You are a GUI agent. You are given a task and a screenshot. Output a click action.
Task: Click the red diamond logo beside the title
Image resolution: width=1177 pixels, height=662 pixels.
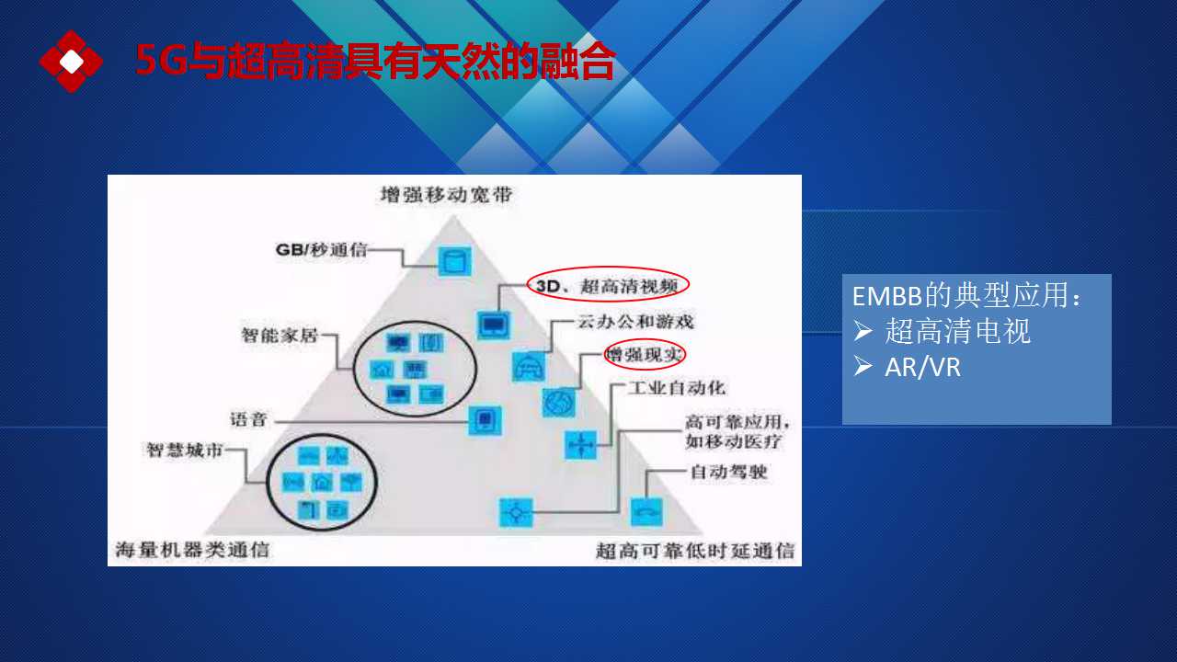click(x=71, y=62)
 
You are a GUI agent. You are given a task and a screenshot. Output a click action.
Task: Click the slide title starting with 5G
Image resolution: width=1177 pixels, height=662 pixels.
click(x=375, y=61)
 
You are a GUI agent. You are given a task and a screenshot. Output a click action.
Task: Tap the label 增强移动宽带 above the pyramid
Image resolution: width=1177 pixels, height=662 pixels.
click(x=446, y=195)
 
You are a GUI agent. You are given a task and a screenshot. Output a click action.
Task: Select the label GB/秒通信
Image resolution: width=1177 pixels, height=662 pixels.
click(x=321, y=249)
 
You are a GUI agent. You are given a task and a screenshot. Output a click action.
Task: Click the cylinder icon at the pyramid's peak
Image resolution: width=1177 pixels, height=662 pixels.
click(x=454, y=261)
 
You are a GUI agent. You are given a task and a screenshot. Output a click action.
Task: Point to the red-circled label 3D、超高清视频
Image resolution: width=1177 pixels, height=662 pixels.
click(x=608, y=285)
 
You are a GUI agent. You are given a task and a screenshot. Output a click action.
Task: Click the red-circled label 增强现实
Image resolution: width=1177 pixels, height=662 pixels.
click(x=645, y=355)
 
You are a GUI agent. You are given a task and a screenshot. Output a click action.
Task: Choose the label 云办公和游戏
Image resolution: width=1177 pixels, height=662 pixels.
click(x=635, y=322)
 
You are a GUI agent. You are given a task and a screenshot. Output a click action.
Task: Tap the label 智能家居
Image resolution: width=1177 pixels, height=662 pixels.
click(x=280, y=335)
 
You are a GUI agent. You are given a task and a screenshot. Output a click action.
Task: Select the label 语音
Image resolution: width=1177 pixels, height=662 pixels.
click(x=248, y=419)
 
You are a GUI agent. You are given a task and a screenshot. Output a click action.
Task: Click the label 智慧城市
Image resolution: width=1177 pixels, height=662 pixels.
click(x=185, y=451)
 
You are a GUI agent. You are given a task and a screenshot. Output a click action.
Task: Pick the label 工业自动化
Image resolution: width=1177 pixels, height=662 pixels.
click(x=677, y=388)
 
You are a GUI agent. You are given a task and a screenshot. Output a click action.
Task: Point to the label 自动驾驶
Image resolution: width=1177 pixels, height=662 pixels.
click(x=728, y=472)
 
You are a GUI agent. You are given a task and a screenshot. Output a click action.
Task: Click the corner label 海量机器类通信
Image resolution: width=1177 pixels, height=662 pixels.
click(x=192, y=550)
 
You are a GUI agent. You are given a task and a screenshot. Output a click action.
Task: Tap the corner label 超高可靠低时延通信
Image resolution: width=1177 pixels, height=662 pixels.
click(x=695, y=551)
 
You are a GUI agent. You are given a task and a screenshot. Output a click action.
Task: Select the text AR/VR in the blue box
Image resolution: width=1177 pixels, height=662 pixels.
click(x=922, y=367)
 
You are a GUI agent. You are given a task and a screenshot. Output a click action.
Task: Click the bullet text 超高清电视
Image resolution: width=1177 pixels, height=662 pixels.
click(x=957, y=332)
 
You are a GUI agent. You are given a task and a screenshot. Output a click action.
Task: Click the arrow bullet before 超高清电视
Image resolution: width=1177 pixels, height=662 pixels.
click(x=863, y=331)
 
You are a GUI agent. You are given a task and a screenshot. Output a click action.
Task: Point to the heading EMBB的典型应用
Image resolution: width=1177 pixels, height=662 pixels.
click(x=966, y=295)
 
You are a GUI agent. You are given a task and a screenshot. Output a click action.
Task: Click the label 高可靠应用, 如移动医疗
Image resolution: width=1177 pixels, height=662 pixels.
click(x=737, y=431)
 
